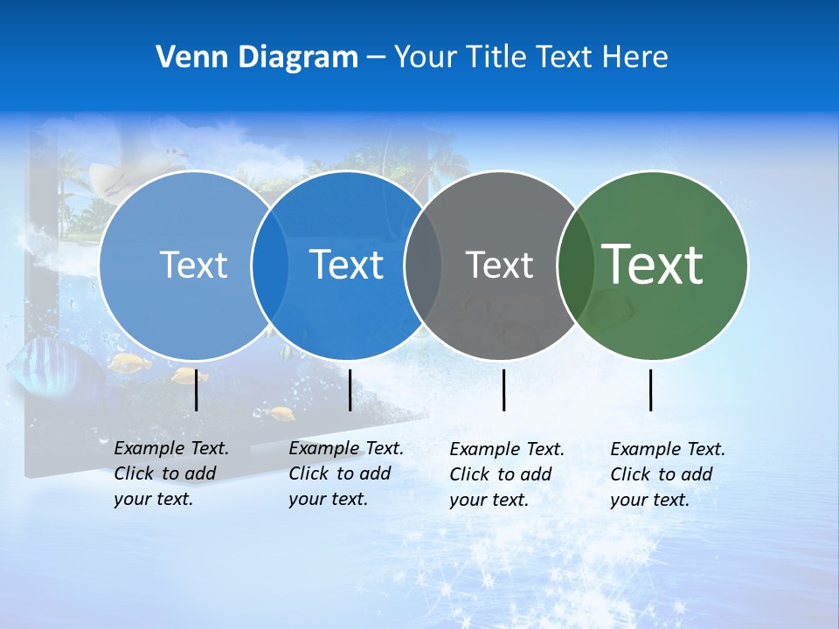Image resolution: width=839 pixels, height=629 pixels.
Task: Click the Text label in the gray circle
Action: click(x=499, y=265)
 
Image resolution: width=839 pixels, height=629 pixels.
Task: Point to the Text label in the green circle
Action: click(x=653, y=264)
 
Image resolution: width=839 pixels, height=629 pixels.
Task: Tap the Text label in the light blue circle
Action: click(x=193, y=265)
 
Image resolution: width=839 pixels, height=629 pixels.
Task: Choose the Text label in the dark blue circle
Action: click(x=347, y=265)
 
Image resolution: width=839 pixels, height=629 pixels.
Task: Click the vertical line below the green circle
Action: click(x=651, y=390)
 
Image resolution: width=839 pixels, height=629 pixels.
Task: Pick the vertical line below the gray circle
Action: click(x=504, y=390)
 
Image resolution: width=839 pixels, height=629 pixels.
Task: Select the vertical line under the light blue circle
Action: click(x=197, y=390)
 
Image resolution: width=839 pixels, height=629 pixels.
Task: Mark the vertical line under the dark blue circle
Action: click(x=350, y=390)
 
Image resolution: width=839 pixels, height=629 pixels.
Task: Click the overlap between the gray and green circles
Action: click(x=575, y=266)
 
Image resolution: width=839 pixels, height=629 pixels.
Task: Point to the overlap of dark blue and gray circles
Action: click(x=422, y=266)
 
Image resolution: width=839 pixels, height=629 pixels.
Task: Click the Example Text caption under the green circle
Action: click(x=667, y=474)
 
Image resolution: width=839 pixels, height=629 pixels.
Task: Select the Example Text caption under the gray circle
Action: click(x=506, y=474)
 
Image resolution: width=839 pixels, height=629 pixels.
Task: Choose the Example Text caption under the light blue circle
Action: click(x=170, y=473)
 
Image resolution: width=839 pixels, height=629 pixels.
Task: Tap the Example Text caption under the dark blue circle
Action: click(x=345, y=473)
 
